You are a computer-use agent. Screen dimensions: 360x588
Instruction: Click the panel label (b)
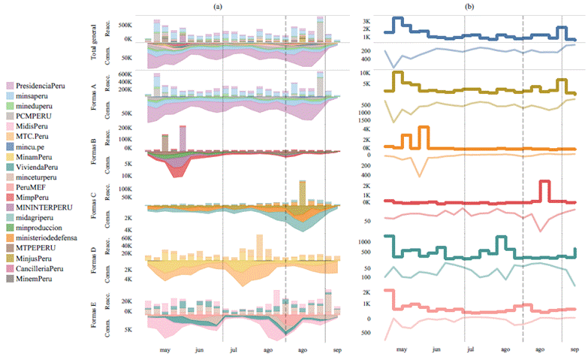[469, 6]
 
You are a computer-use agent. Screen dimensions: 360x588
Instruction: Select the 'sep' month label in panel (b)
[573, 350]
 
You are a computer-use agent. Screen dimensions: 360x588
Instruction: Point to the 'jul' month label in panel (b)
[470, 350]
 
